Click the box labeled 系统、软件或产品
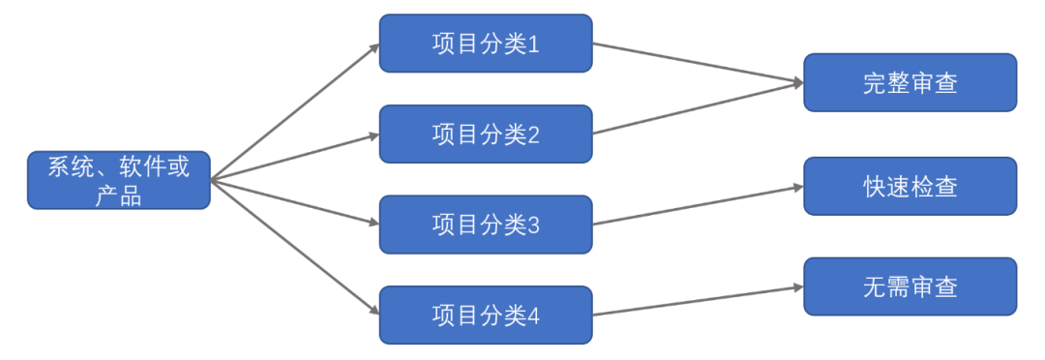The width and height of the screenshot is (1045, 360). (x=118, y=180)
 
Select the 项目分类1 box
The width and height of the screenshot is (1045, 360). (x=485, y=44)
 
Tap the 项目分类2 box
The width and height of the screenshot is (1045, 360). (x=485, y=134)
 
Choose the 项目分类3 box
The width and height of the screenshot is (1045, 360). (x=485, y=225)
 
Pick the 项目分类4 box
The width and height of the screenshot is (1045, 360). (x=485, y=315)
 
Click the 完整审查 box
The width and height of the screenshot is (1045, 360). (x=910, y=82)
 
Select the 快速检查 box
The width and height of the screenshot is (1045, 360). (x=910, y=186)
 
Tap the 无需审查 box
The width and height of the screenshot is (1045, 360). (x=910, y=286)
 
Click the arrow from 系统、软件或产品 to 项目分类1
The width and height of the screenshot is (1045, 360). (x=294, y=112)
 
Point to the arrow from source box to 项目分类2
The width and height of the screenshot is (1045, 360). (x=294, y=157)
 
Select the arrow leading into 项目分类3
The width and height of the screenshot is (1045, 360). (x=294, y=201)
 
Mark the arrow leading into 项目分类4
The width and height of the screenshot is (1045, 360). (x=294, y=247)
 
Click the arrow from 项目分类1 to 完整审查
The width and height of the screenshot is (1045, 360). (x=697, y=62)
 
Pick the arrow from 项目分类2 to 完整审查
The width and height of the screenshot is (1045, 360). (x=697, y=108)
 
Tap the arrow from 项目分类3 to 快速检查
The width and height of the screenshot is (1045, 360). (x=697, y=204)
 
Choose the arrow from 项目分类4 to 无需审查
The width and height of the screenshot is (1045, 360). (x=697, y=300)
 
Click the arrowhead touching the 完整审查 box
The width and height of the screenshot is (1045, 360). (x=797, y=83)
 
